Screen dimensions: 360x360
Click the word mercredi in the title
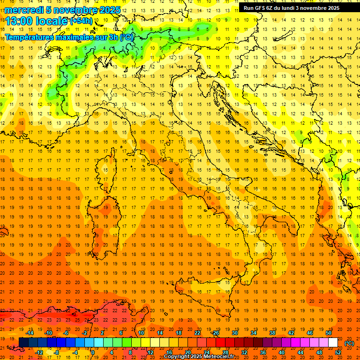[24, 10]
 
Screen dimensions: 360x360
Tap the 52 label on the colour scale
[338, 352]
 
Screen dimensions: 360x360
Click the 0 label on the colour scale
[93, 352]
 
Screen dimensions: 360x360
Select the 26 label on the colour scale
[216, 333]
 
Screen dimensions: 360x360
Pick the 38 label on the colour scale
[272, 333]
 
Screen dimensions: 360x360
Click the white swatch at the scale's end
[333, 343]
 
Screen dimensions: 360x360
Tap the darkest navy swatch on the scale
[23, 343]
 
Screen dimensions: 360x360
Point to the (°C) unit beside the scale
[349, 343]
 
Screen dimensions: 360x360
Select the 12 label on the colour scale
[150, 352]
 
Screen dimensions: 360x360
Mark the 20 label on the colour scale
[187, 352]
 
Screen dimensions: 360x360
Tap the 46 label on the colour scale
[309, 333]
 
